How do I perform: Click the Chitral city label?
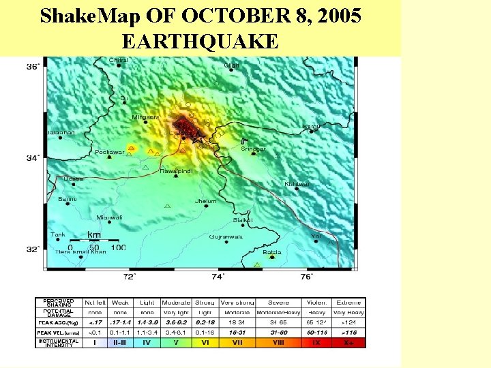pos(118,60)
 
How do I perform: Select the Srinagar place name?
pos(253,149)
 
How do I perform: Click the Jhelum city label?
pos(205,201)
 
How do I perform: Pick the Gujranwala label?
pos(225,236)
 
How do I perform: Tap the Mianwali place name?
pos(109,217)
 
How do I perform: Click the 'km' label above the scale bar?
pos(94,235)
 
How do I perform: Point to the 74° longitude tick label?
pos(218,277)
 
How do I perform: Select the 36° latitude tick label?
pos(33,66)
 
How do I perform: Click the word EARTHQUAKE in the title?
pos(200,42)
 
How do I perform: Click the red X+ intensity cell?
pos(350,342)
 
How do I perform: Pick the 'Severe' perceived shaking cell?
pos(278,302)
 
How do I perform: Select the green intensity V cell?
pos(176,342)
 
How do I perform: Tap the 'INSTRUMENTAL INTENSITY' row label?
pos(58,342)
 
